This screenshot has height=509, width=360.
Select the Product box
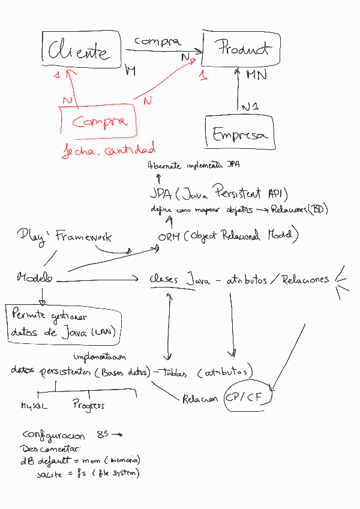coord(242,48)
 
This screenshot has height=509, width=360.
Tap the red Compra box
coord(99,122)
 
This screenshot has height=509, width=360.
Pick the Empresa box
coord(239,134)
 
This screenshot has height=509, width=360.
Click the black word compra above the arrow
coord(157,41)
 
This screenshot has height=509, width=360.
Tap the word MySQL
coord(34,406)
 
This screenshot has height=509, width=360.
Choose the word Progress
coord(88,405)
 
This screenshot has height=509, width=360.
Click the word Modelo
coord(35,277)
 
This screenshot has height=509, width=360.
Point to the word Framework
coord(83,237)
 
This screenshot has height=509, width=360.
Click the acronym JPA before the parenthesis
coord(161,194)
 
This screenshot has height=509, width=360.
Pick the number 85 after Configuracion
coord(102,435)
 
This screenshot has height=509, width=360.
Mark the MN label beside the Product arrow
coord(257,75)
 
